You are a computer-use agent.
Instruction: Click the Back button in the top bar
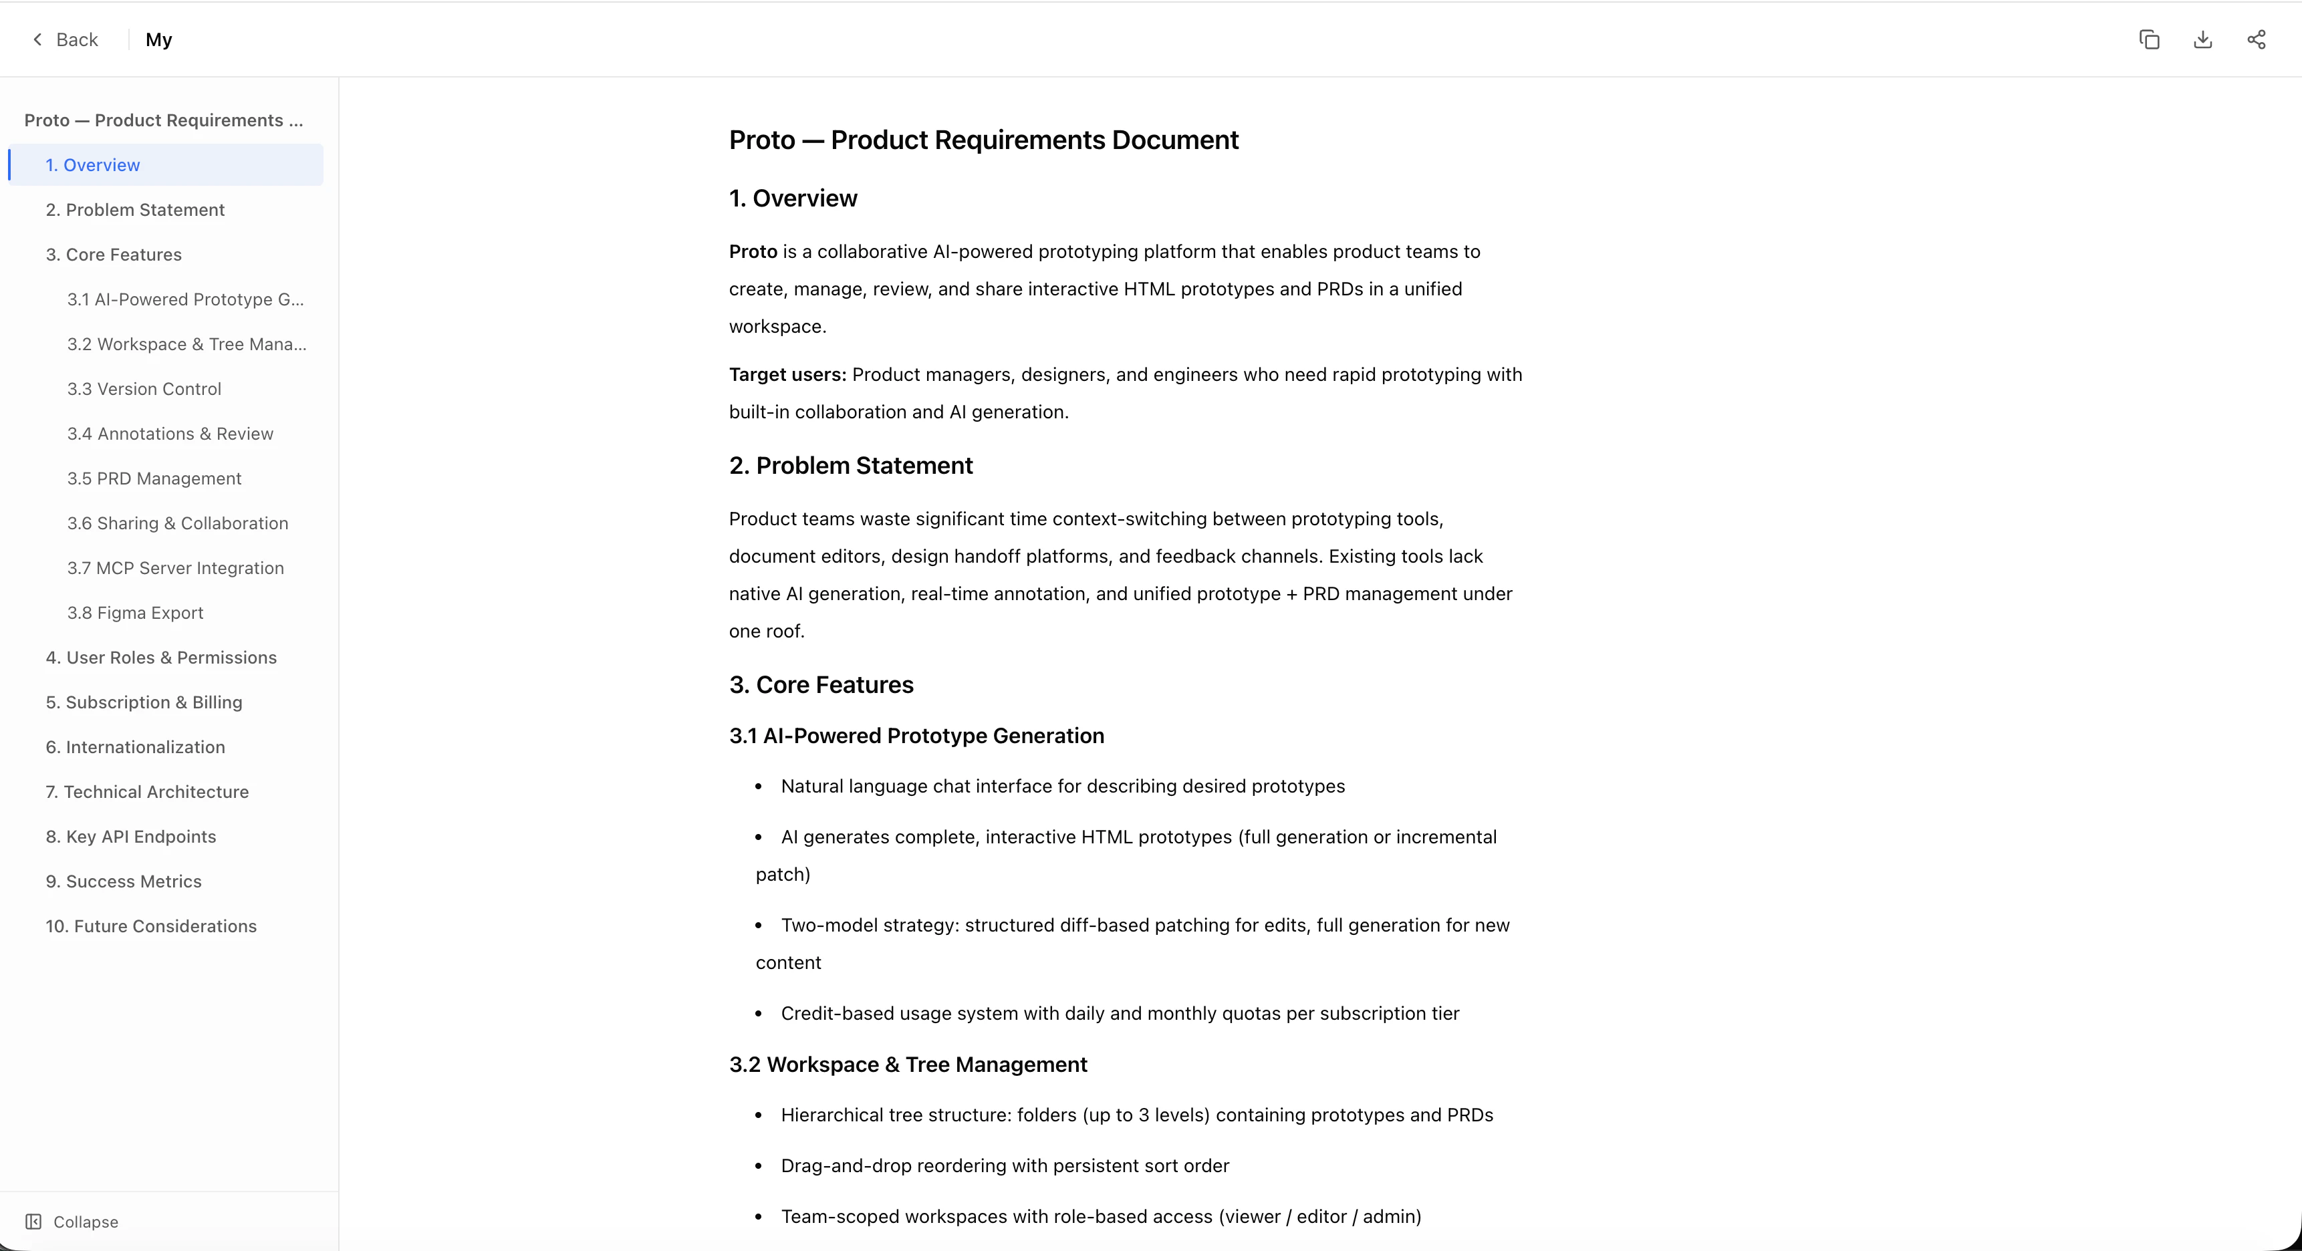click(66, 39)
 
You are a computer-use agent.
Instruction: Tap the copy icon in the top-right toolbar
click(2149, 39)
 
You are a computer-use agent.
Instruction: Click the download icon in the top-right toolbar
click(2203, 39)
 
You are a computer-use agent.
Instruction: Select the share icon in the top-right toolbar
click(2257, 39)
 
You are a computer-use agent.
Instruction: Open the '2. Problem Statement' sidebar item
click(135, 210)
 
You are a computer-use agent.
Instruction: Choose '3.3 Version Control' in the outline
click(144, 389)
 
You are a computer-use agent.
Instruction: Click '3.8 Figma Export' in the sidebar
click(135, 613)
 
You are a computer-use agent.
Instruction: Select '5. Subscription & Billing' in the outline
click(144, 702)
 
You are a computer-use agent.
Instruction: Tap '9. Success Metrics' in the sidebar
click(123, 881)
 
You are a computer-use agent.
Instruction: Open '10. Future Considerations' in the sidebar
click(151, 926)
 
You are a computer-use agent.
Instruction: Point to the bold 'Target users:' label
click(787, 374)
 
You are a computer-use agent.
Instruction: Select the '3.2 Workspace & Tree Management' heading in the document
click(908, 1065)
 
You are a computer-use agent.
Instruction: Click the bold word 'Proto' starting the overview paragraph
click(753, 252)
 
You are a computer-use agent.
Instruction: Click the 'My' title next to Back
click(159, 39)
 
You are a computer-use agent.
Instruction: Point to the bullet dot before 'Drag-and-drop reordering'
click(759, 1166)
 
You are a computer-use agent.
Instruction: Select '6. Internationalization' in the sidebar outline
click(135, 747)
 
